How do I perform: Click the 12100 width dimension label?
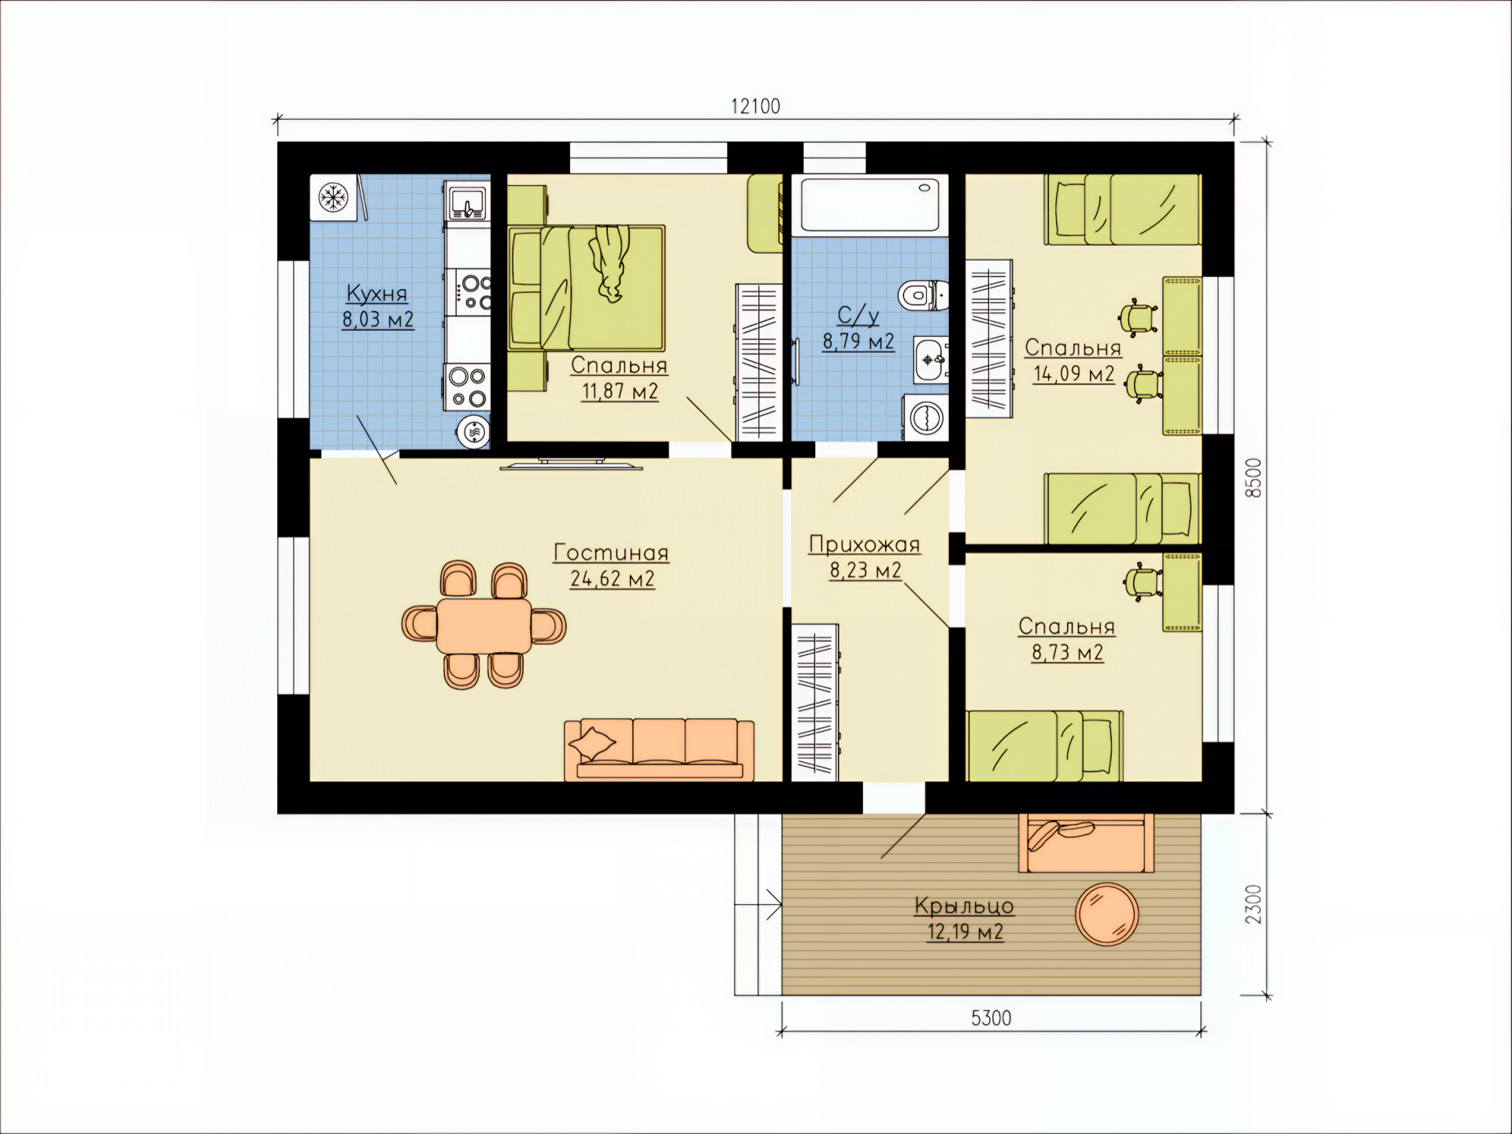(x=755, y=106)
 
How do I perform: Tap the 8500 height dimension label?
(x=1253, y=477)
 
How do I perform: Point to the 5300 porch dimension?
(x=991, y=1018)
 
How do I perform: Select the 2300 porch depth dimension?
(x=1253, y=904)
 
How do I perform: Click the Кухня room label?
(x=377, y=294)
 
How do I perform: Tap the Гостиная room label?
(x=611, y=552)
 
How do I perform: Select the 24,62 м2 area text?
(x=612, y=579)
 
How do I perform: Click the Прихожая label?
(x=865, y=545)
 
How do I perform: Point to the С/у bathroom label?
(x=858, y=316)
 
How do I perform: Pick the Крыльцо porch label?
(x=964, y=906)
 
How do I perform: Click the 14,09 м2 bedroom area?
(x=1073, y=373)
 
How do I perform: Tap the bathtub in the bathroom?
(x=869, y=206)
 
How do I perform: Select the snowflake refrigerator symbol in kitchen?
(x=334, y=198)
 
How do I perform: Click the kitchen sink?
(x=468, y=204)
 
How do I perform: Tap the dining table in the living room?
(x=484, y=626)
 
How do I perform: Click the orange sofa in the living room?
(x=659, y=750)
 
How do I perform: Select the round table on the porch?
(x=1107, y=914)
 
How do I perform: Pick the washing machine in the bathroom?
(x=925, y=417)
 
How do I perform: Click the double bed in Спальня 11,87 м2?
(x=587, y=288)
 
